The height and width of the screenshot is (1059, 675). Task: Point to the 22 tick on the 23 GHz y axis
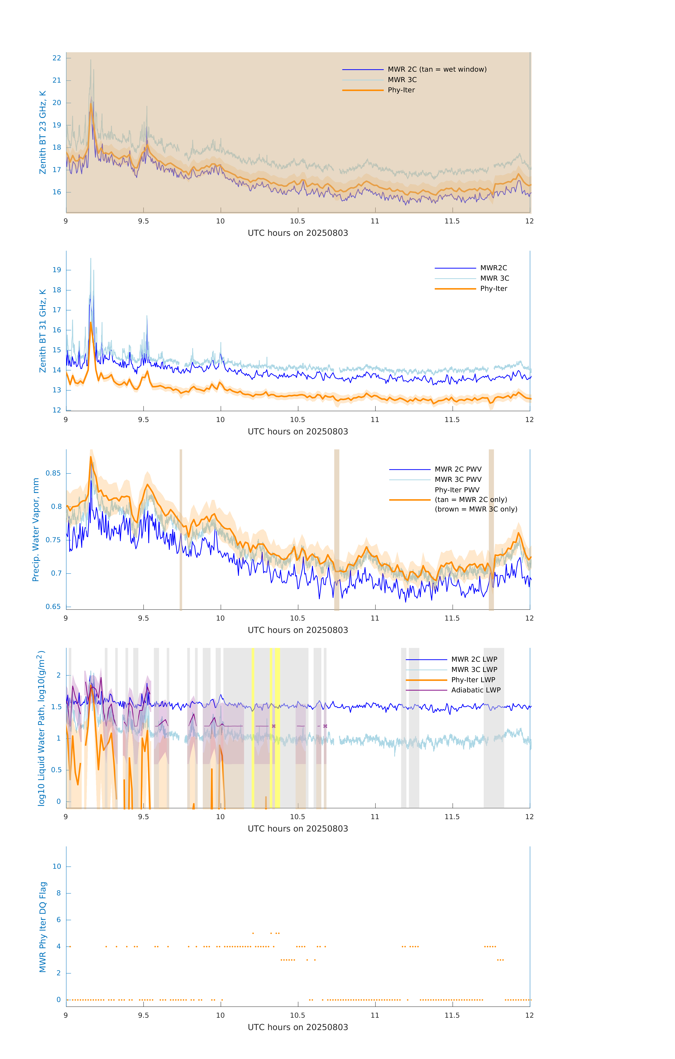click(57, 58)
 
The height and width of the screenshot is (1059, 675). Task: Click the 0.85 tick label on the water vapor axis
click(53, 473)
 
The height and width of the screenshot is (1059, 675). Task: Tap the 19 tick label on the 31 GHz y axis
click(57, 270)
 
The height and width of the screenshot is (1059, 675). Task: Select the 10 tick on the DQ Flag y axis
click(57, 866)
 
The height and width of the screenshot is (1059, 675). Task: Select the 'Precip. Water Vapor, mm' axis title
click(36, 530)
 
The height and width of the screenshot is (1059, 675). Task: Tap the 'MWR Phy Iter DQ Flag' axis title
click(43, 927)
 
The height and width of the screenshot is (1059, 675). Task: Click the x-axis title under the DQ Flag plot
click(298, 1027)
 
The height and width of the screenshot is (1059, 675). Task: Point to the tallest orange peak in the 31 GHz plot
click(91, 323)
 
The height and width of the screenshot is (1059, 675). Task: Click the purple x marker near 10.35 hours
click(274, 726)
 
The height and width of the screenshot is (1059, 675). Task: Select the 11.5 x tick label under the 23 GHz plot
click(452, 221)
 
